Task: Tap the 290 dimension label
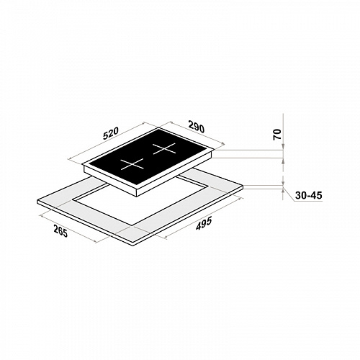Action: pyautogui.click(x=197, y=127)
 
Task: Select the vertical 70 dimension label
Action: pyautogui.click(x=277, y=135)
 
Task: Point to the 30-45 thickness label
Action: pyautogui.click(x=308, y=196)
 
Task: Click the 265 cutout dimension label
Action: pyautogui.click(x=60, y=231)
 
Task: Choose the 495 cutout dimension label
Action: pyautogui.click(x=204, y=223)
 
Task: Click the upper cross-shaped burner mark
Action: pyautogui.click(x=164, y=149)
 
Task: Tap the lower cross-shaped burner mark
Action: pyautogui.click(x=132, y=164)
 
